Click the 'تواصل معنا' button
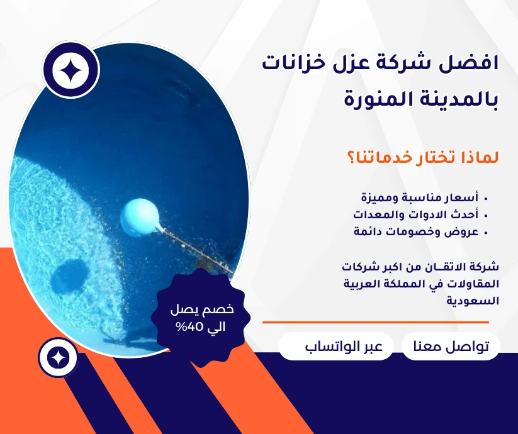tap(451, 347)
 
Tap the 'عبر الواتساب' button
tap(335, 347)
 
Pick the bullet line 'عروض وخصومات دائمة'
tap(417, 231)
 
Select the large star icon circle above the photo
tap(70, 70)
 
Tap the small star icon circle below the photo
tap(58, 358)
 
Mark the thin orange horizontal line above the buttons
tap(375, 322)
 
